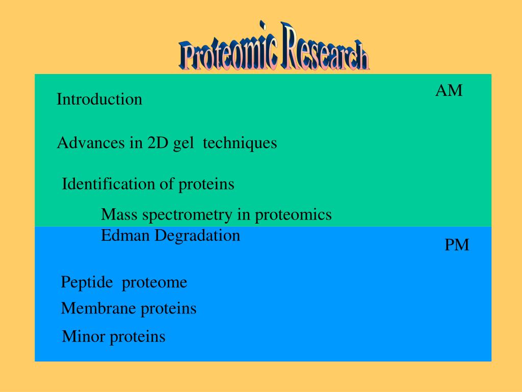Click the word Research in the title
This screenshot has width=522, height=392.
coord(325,46)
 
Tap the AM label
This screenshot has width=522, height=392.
coord(449,91)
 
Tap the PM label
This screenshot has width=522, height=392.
coord(457,245)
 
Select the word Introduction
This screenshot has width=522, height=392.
coord(99,99)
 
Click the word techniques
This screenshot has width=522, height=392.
coord(240,143)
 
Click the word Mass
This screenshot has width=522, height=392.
coord(119,214)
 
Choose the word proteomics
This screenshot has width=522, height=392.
coord(293,215)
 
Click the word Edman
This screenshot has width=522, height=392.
coord(125,235)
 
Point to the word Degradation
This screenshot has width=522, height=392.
coord(197,236)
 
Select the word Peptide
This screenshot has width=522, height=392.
coord(87,283)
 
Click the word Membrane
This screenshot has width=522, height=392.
coord(99,308)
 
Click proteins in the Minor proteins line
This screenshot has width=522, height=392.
coord(138,337)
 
